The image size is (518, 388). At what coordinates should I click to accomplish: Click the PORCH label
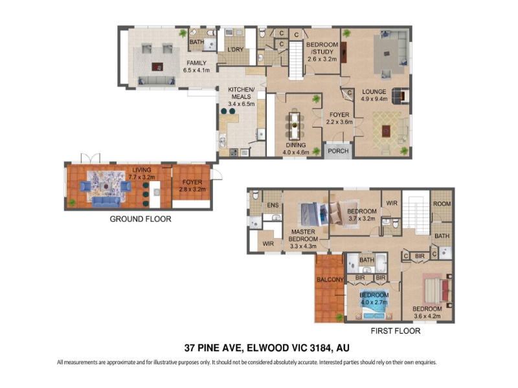(x=338, y=151)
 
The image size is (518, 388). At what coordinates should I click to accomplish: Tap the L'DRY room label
(x=235, y=50)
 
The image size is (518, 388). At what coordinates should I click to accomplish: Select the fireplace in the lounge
(x=400, y=96)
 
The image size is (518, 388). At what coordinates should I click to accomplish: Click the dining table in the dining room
(x=295, y=125)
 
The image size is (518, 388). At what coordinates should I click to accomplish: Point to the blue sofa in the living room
(x=106, y=202)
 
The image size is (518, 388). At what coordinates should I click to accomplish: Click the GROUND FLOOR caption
(x=141, y=219)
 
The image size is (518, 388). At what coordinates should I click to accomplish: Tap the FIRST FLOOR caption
(x=396, y=331)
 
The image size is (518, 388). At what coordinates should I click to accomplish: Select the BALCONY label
(x=330, y=280)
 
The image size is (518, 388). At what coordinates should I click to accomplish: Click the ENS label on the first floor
(x=273, y=205)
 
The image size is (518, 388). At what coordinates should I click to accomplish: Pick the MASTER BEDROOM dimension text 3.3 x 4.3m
(x=303, y=246)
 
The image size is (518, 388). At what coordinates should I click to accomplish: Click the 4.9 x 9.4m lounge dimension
(x=374, y=99)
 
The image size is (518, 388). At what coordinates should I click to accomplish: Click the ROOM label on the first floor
(x=442, y=204)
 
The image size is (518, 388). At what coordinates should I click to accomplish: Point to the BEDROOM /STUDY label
(x=322, y=48)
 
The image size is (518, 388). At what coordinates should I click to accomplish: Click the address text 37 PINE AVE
(x=214, y=348)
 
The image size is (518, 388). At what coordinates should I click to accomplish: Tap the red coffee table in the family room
(x=157, y=67)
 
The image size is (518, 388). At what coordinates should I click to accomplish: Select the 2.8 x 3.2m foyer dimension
(x=192, y=189)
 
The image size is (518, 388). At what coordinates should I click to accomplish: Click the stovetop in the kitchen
(x=234, y=152)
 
